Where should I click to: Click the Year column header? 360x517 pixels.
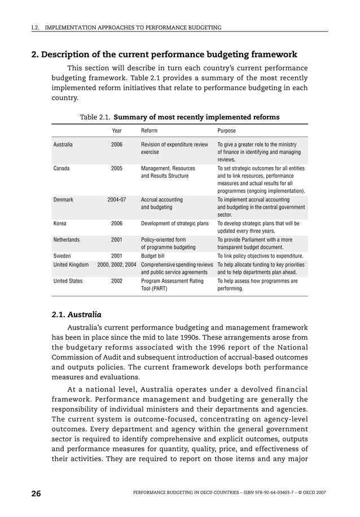click(117, 130)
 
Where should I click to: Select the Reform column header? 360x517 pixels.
click(149, 130)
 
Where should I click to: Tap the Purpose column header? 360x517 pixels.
click(227, 130)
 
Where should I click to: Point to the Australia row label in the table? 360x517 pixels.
click(63, 144)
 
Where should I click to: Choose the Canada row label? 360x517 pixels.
click(61, 168)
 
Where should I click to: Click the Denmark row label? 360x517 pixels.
click(63, 200)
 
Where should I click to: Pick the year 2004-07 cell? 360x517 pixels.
click(117, 200)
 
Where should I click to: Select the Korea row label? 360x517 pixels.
click(60, 224)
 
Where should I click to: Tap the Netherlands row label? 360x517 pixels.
click(66, 239)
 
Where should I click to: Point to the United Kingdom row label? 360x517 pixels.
click(71, 264)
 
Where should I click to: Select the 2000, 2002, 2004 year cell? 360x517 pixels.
click(117, 264)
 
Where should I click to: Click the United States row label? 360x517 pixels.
click(68, 281)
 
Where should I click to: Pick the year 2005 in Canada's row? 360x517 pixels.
click(117, 168)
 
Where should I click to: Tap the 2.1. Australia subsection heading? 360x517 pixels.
click(76, 314)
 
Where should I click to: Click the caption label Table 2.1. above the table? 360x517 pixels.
click(95, 117)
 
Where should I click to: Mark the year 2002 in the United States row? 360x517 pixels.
click(117, 281)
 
